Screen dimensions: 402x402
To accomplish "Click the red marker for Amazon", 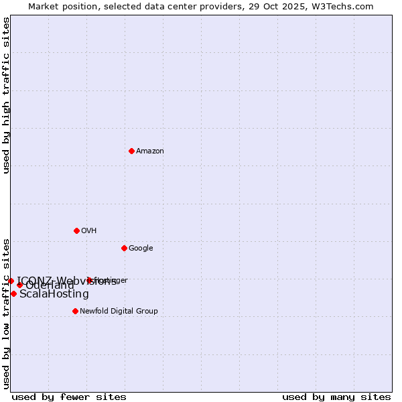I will click(x=131, y=151).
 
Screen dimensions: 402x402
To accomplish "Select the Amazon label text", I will click(x=149, y=151).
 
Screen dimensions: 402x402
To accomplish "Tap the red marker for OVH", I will click(x=76, y=230).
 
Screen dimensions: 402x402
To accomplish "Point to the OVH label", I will click(x=89, y=231).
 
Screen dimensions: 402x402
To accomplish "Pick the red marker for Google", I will click(x=124, y=248).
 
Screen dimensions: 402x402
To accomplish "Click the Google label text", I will click(x=141, y=249).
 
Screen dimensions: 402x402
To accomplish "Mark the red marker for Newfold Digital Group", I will click(x=75, y=311).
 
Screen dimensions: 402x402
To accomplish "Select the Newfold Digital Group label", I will click(x=119, y=312).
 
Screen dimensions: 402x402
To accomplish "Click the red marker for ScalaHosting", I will click(x=13, y=293).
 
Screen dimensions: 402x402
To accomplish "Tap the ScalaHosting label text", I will click(x=54, y=294).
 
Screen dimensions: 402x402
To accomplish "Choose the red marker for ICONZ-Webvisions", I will click(x=11, y=281).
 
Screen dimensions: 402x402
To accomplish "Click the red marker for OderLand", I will click(x=19, y=285).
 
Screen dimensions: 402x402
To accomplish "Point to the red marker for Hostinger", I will click(x=89, y=280).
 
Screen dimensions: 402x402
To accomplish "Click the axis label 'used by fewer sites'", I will click(x=69, y=397).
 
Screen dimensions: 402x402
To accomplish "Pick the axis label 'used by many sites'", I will click(x=336, y=397).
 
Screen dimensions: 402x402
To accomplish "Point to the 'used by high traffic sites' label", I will click(x=7, y=95).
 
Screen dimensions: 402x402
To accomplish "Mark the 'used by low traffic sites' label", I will click(x=7, y=313).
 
